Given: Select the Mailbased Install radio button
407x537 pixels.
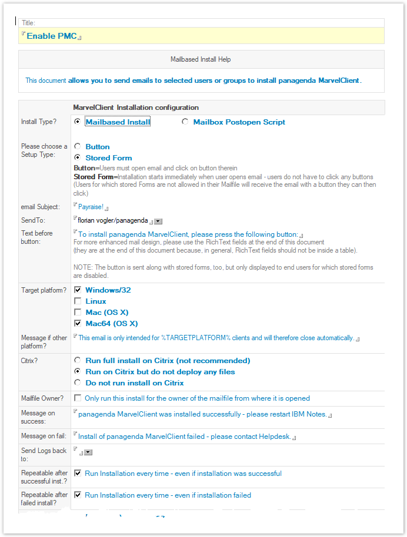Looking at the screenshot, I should coord(78,122).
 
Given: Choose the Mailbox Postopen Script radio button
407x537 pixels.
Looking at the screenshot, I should coord(185,122).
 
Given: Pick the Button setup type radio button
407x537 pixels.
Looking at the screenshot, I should coord(78,146).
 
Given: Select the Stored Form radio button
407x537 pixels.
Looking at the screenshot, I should coord(78,157).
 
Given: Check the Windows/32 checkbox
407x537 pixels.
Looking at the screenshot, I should coord(78,290).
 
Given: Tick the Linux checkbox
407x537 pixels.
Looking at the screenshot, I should coord(78,301).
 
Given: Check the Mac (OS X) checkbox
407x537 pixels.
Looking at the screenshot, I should coord(78,313).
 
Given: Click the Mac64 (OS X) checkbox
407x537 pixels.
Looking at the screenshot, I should coord(78,324).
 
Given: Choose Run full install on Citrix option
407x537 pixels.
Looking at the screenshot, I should coord(78,360).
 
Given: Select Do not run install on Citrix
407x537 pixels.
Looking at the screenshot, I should coord(78,382).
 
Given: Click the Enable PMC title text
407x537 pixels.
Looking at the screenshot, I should coord(52,36).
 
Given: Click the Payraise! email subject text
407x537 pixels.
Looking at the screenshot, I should coord(91,207).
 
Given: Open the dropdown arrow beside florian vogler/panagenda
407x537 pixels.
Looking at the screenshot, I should coord(158,221).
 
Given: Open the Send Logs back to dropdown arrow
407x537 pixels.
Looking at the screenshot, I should coord(88,452).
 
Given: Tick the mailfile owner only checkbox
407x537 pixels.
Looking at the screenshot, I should coord(78,398).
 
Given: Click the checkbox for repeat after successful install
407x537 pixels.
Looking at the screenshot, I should coord(78,474).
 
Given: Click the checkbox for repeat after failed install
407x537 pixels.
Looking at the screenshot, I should coord(78,495).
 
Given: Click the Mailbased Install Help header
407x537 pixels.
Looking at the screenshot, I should coord(201,59).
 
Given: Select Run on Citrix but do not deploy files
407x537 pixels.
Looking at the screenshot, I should coord(78,371).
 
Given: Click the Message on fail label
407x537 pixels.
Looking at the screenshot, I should coord(42,435).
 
